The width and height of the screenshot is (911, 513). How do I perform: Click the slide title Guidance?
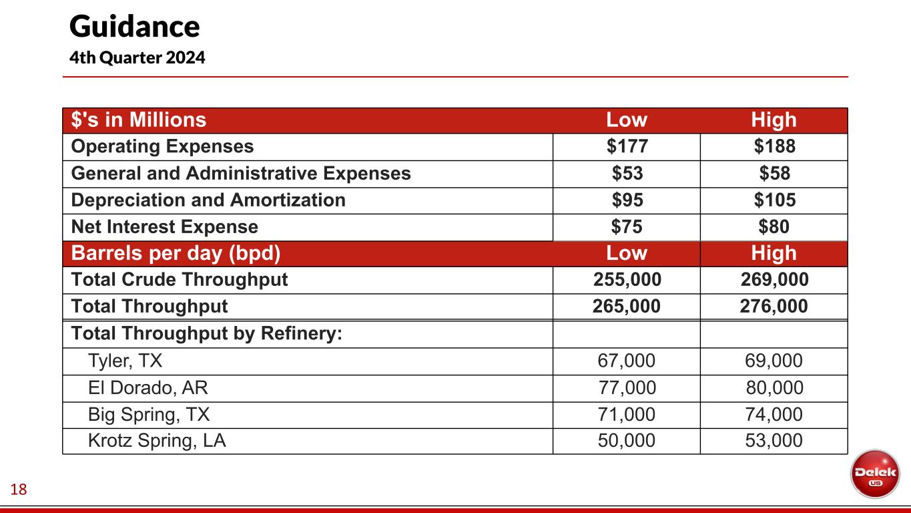coord(134,27)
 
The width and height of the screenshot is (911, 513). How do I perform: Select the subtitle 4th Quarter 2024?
coord(137,58)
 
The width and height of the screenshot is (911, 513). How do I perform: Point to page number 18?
coord(19,490)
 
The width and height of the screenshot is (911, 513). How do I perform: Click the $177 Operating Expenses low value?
coord(627,147)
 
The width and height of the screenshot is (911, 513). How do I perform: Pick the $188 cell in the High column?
coord(774,147)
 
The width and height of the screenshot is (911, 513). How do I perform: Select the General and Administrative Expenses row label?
coord(241,174)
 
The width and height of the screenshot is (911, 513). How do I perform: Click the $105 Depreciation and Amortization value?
coord(774,200)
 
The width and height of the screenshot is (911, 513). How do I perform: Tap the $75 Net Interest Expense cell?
coord(627,227)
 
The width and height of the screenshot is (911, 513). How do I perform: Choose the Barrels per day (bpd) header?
coord(176,254)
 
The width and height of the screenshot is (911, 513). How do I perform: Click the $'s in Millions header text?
coord(139,120)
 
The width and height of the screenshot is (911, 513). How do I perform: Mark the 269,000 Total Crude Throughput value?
coord(774,280)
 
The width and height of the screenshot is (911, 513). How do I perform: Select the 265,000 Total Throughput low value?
coord(627,307)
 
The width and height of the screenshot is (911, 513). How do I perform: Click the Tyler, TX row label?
coord(125,361)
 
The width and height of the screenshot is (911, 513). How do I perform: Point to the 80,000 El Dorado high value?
coord(774,388)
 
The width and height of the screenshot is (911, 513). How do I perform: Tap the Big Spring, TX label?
coord(149,415)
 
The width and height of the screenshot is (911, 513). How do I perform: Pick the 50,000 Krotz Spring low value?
coord(627,441)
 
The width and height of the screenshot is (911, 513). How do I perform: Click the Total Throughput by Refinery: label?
coord(206,333)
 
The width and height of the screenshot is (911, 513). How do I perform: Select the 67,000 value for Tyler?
coord(627,361)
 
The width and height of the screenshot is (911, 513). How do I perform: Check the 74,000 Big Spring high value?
coord(774,415)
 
